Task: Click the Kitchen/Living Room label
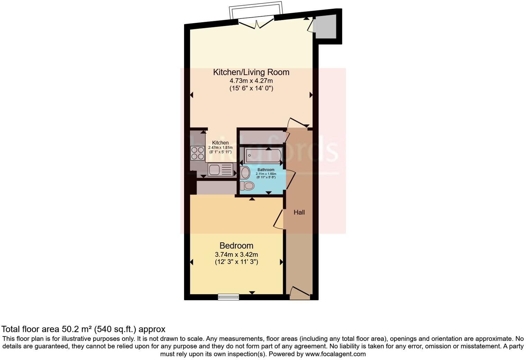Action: click(251, 72)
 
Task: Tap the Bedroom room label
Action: click(236, 246)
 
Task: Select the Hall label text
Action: click(299, 213)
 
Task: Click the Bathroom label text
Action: click(266, 170)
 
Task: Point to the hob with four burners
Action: click(197, 153)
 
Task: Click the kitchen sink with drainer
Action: click(220, 170)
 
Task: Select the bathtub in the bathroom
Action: click(263, 155)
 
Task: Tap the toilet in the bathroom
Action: click(247, 186)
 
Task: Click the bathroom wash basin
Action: click(245, 172)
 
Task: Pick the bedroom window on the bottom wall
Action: click(228, 297)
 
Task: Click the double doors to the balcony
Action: click(256, 24)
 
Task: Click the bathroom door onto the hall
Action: click(290, 180)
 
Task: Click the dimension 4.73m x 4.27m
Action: click(251, 81)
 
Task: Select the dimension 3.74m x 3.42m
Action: click(236, 254)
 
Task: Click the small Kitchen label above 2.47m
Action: click(220, 143)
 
